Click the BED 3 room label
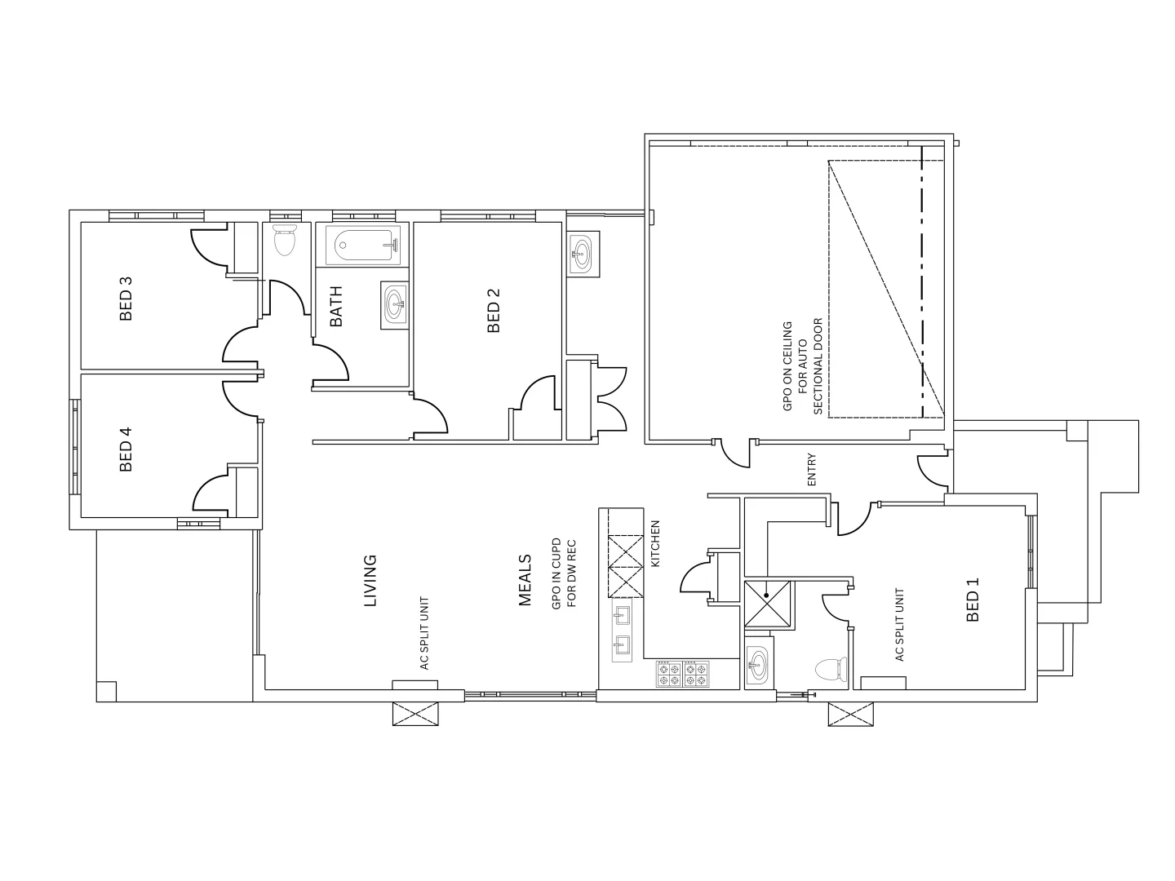tap(126, 299)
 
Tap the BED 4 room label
tap(126, 449)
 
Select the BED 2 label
tap(493, 311)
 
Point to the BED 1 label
tap(972, 600)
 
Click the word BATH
tap(336, 306)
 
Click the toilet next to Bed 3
tap(284, 240)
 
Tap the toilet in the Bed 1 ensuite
tap(829, 669)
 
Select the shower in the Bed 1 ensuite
tap(769, 605)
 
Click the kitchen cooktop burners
tap(683, 673)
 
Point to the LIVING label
tap(370, 580)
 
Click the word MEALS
tap(525, 581)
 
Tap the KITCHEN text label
tap(654, 543)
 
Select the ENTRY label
tap(812, 470)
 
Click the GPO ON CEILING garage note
tap(803, 365)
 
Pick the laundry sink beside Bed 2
tap(582, 254)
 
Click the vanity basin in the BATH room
tap(395, 305)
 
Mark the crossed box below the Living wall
tap(415, 715)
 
